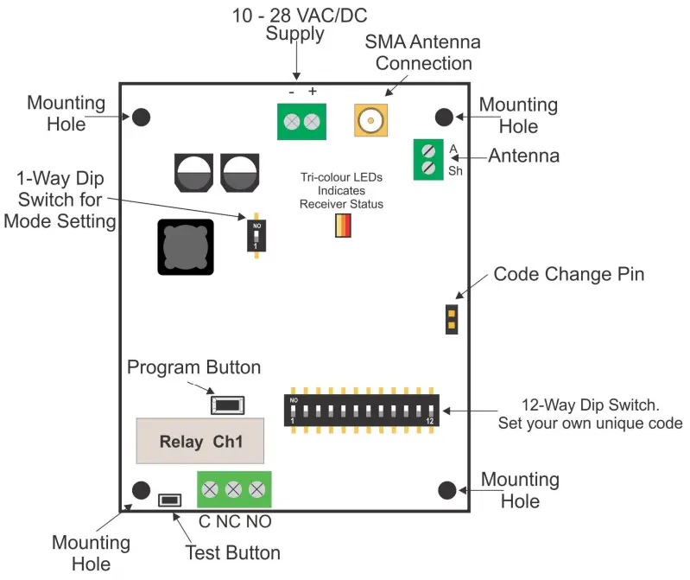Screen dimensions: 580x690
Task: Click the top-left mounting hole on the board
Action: [141, 117]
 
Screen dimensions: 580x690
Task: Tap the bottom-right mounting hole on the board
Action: [446, 490]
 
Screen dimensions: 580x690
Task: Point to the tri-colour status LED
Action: [343, 225]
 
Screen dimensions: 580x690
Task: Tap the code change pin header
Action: [451, 318]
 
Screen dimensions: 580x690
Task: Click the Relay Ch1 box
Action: [199, 442]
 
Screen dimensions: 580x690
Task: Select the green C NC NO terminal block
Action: [233, 490]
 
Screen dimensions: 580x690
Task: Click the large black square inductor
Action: [185, 246]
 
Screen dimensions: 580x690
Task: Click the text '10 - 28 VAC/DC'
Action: [297, 16]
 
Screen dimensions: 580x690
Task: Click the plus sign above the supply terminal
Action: [313, 92]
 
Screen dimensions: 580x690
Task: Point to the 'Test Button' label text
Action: [233, 553]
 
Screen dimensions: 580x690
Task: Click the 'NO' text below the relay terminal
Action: [258, 522]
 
